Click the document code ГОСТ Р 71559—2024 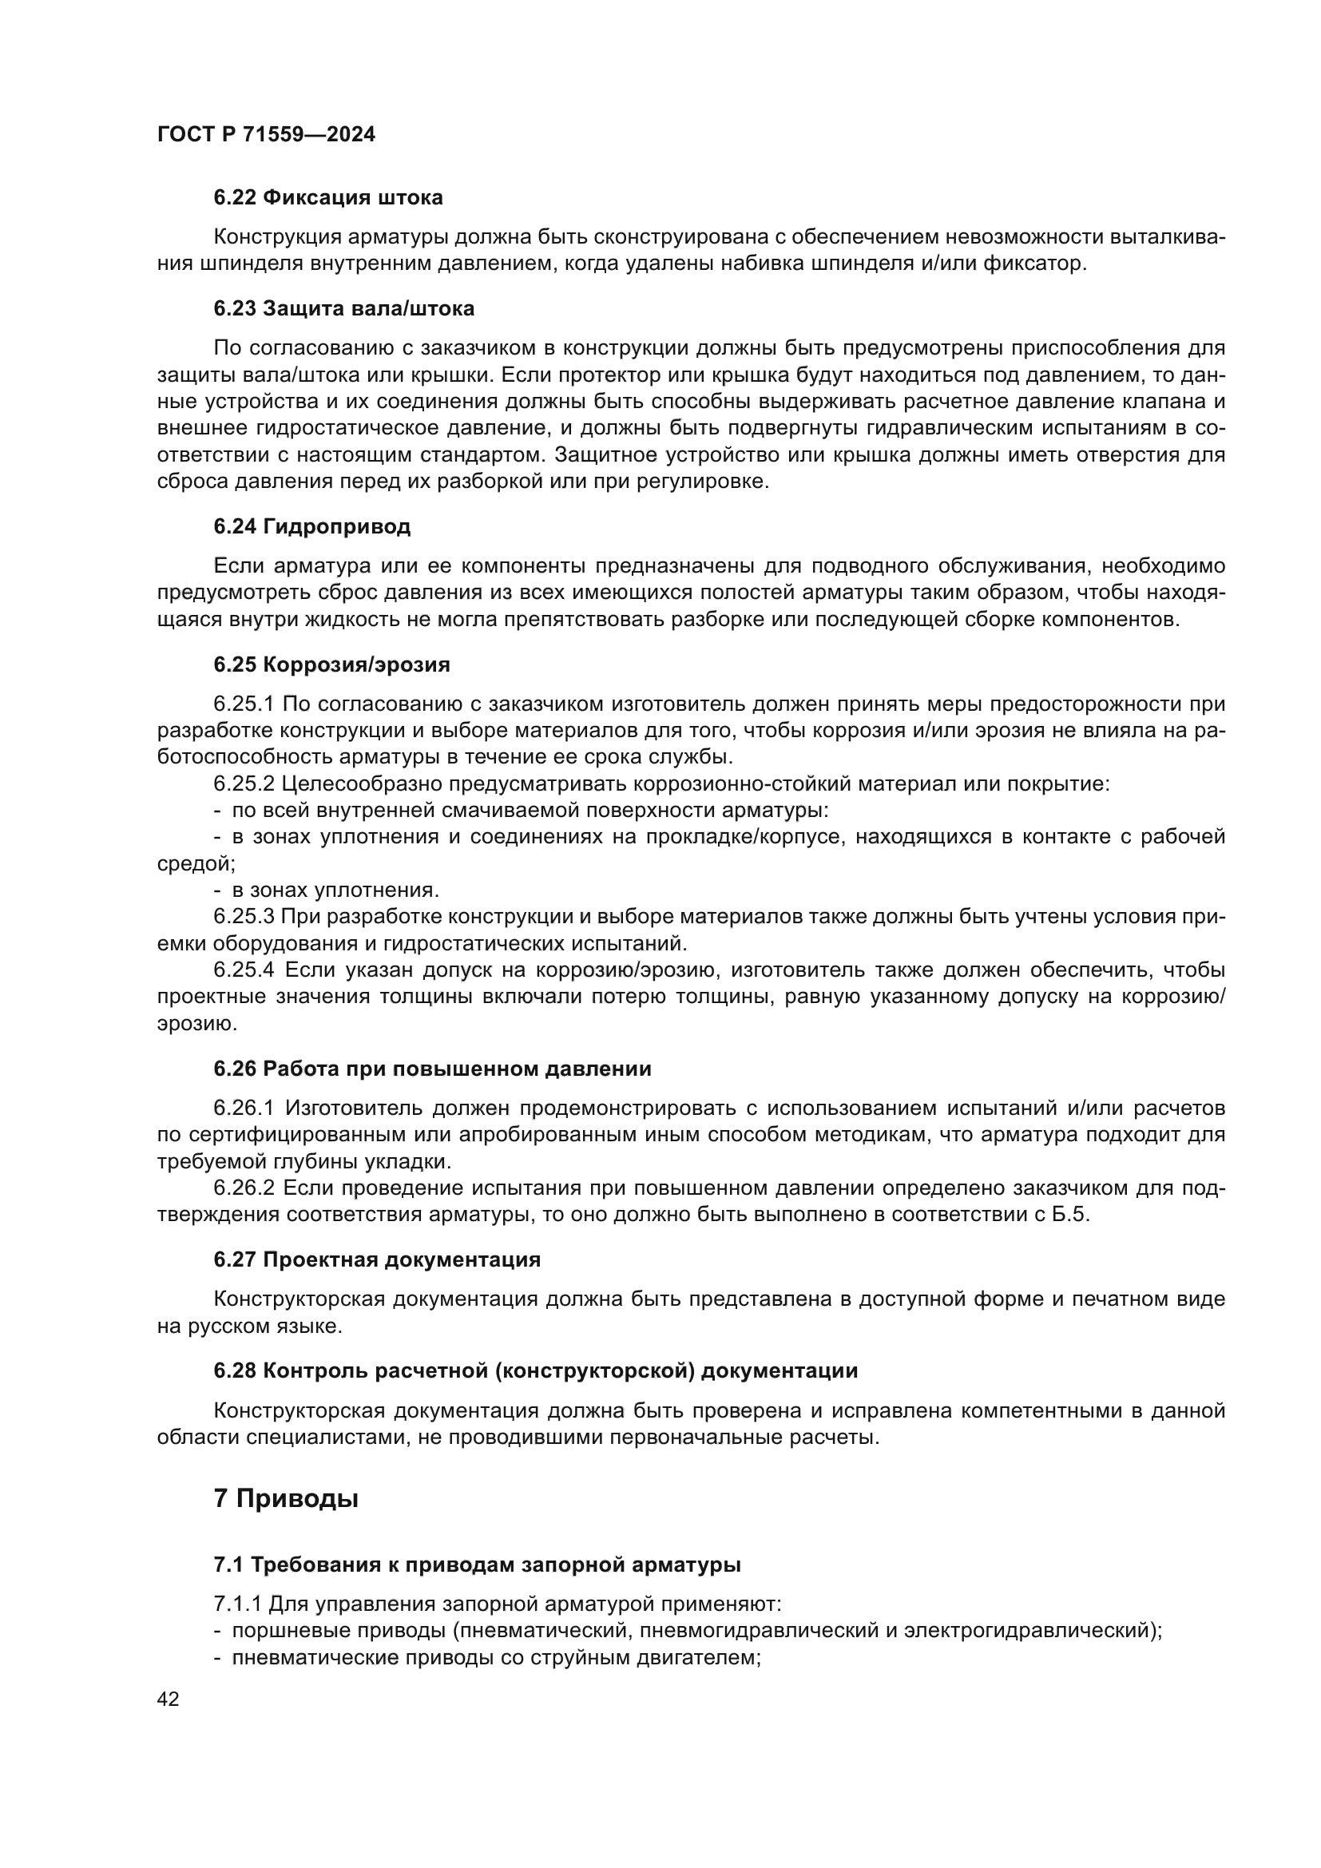(266, 134)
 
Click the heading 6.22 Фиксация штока (327, 198)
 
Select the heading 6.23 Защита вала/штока (344, 308)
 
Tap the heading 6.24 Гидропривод (311, 526)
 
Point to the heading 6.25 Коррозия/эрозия (332, 664)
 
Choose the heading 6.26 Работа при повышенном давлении (432, 1069)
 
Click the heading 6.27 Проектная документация (377, 1259)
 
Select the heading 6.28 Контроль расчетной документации (535, 1370)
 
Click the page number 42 (169, 1699)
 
